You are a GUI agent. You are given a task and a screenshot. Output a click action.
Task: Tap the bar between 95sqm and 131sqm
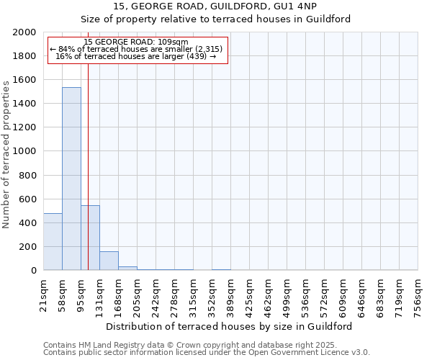pyautogui.click(x=90, y=238)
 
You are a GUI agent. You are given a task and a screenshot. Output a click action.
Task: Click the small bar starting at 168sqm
pyautogui.click(x=127, y=268)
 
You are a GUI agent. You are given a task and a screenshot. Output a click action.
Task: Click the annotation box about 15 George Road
pyautogui.click(x=136, y=49)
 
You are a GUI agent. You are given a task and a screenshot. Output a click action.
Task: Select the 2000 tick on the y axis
pyautogui.click(x=24, y=32)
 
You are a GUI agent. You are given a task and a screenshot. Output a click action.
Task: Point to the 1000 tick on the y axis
pyautogui.click(x=24, y=151)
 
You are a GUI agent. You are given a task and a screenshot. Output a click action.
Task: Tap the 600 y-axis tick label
pyautogui.click(x=27, y=199)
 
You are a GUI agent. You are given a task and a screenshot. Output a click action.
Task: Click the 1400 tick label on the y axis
pyautogui.click(x=24, y=104)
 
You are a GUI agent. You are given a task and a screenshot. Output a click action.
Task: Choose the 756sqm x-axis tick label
pyautogui.click(x=418, y=295)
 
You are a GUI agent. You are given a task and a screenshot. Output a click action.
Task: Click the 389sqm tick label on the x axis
pyautogui.click(x=230, y=295)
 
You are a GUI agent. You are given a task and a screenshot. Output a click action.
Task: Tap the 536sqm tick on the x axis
pyautogui.click(x=305, y=295)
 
